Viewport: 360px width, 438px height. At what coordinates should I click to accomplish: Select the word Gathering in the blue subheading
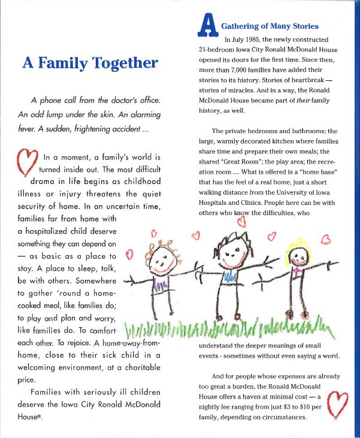pyautogui.click(x=242, y=26)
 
